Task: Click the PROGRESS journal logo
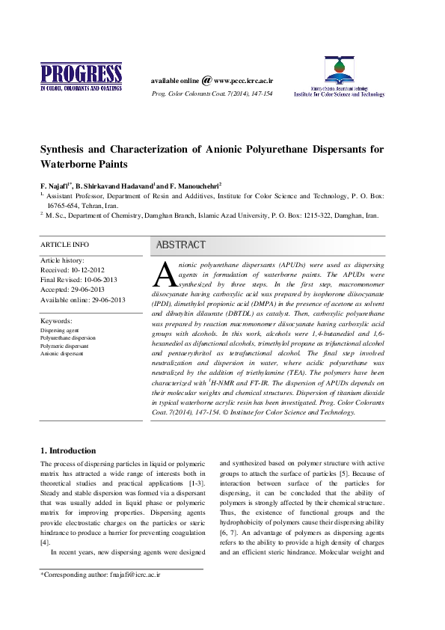[80, 76]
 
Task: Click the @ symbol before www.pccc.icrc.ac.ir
[206, 79]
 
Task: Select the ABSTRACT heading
[180, 245]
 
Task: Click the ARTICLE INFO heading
[64, 245]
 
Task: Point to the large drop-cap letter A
[163, 275]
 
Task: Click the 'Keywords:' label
[57, 320]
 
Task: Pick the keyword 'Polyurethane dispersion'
[70, 338]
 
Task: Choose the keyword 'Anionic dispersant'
[63, 353]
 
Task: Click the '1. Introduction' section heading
[67, 450]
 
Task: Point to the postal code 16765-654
[67, 204]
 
